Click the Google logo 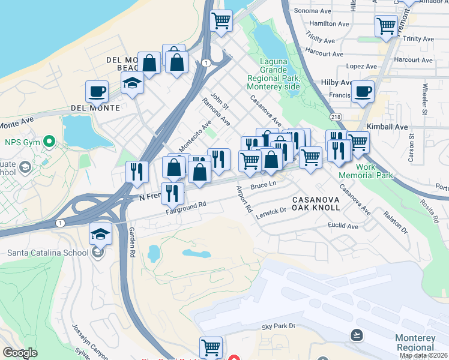(x=20, y=353)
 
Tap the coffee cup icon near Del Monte (x=97, y=92)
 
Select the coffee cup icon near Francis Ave (x=363, y=92)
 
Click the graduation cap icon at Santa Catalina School (x=100, y=234)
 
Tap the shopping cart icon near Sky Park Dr (x=211, y=347)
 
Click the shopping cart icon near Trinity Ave (x=386, y=26)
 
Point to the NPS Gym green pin (x=50, y=142)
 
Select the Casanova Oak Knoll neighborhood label (x=316, y=203)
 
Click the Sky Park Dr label (x=279, y=326)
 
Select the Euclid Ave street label (x=343, y=226)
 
